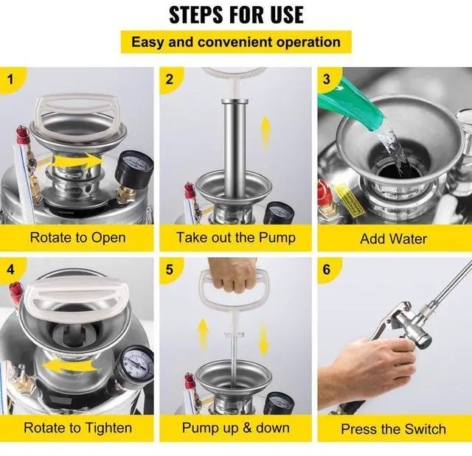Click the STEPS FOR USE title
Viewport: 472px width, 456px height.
[x=236, y=14]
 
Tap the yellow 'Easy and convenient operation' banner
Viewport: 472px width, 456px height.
[x=236, y=41]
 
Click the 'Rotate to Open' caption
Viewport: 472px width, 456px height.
[x=77, y=237]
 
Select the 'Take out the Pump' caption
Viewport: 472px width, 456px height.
[x=235, y=237]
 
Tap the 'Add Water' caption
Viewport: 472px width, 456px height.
[x=393, y=238]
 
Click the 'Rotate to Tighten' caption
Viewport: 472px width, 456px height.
[x=77, y=427]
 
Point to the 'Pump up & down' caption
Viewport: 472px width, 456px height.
[x=235, y=427]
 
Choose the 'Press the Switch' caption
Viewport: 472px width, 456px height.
[x=393, y=429]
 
